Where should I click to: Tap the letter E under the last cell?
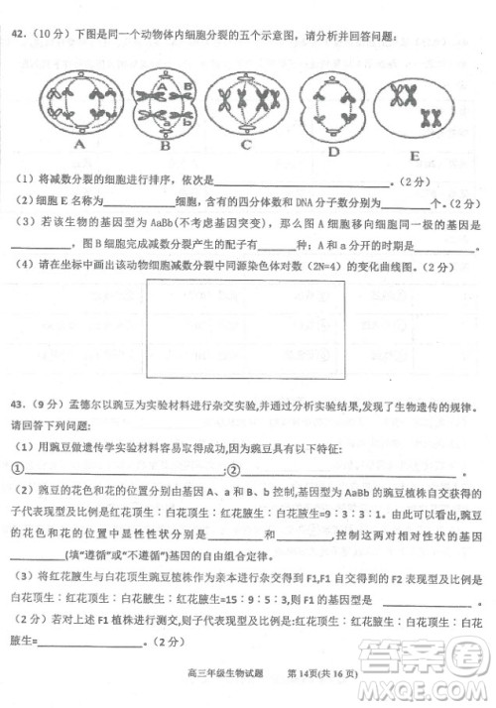[414, 156]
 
